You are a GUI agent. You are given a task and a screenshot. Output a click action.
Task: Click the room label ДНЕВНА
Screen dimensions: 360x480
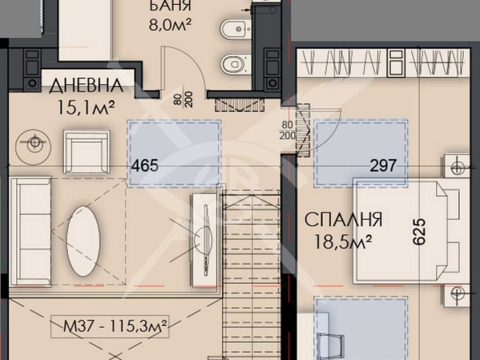pyautogui.click(x=86, y=84)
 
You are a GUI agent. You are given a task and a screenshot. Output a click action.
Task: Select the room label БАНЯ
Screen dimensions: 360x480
pyautogui.click(x=170, y=6)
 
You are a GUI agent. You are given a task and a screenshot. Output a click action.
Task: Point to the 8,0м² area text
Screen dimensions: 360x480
pyautogui.click(x=169, y=24)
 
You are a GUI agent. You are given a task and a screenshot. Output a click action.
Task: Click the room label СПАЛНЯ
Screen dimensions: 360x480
pyautogui.click(x=344, y=220)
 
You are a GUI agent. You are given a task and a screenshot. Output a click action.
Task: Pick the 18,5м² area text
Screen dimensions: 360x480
pyautogui.click(x=344, y=240)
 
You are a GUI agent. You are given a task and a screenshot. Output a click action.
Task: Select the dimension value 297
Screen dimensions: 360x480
pyautogui.click(x=383, y=166)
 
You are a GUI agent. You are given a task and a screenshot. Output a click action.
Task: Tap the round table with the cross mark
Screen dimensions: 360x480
pyautogui.click(x=34, y=144)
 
